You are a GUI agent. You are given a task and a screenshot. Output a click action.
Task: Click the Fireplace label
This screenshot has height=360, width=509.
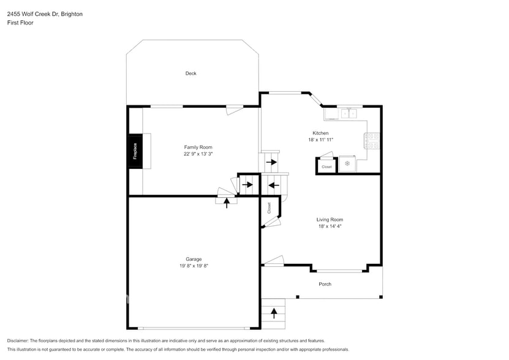[x=135, y=151]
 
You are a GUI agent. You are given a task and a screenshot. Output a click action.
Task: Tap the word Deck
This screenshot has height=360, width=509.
[x=191, y=73]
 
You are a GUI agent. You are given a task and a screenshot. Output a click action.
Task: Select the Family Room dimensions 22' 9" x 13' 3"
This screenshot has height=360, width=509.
[x=198, y=154]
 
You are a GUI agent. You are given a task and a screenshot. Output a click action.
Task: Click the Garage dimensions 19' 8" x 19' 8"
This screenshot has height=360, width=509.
[x=194, y=266]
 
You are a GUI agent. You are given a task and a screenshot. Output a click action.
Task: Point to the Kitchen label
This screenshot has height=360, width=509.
[x=320, y=133]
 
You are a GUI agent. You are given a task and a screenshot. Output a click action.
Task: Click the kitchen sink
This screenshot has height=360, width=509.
[x=349, y=113]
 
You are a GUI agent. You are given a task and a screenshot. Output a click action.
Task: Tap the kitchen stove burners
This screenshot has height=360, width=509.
[x=372, y=141]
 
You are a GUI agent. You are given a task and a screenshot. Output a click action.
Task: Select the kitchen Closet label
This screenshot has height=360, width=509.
[x=326, y=167]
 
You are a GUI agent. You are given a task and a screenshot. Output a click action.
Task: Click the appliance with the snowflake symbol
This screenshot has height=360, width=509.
[x=347, y=163]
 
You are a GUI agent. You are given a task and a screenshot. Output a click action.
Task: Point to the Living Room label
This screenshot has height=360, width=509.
[x=330, y=219]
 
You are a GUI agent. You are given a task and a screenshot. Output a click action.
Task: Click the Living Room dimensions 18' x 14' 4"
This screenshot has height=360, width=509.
[x=330, y=227]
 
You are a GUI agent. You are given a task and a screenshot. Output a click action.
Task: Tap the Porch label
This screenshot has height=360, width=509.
[x=325, y=284]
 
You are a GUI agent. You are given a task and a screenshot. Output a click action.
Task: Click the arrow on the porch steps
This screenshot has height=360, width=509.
[x=274, y=313]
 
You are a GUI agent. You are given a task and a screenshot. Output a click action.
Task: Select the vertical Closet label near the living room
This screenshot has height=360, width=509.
[x=268, y=208]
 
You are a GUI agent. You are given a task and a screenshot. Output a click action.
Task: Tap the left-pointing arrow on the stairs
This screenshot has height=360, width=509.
[x=274, y=184]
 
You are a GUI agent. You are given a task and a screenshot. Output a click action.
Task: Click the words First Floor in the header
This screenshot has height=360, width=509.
[x=20, y=23]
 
